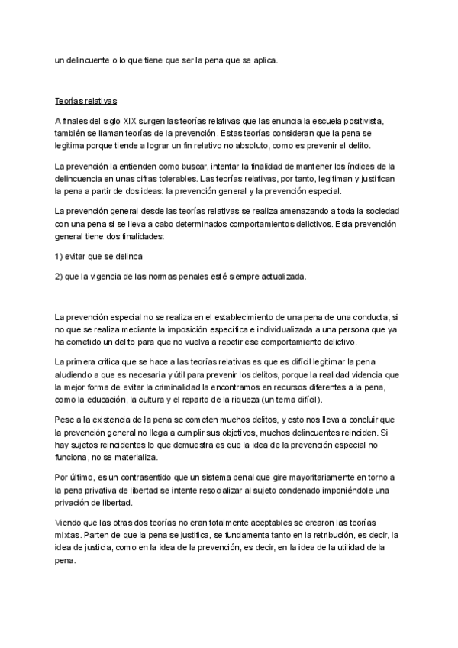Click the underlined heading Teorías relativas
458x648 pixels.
point(85,101)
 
